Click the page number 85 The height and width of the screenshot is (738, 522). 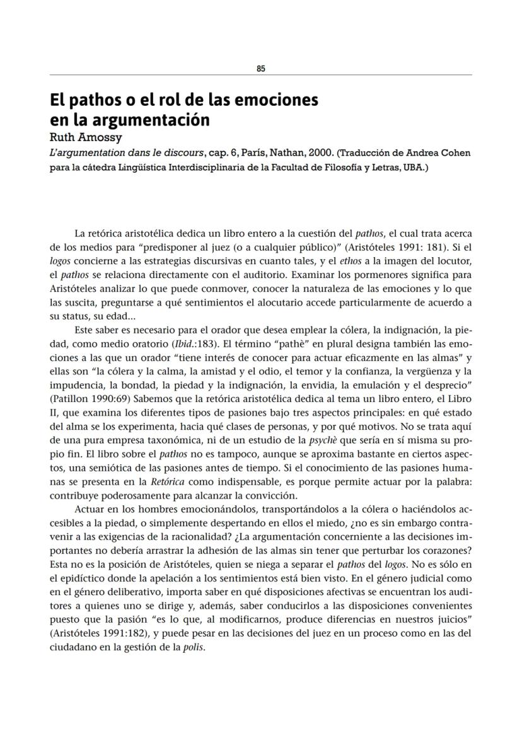coord(261,69)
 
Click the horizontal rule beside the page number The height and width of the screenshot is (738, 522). coord(378,75)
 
